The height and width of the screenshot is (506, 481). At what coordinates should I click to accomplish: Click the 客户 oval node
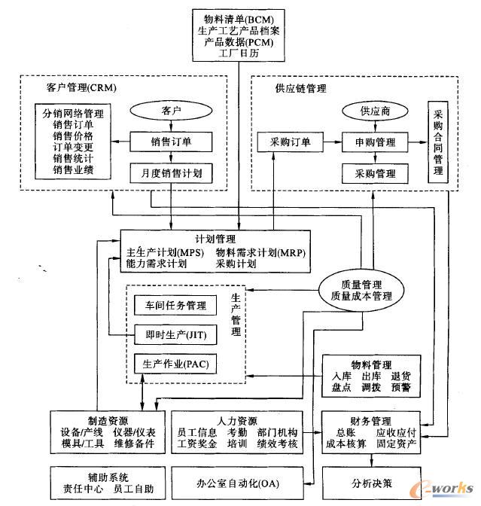click(x=172, y=111)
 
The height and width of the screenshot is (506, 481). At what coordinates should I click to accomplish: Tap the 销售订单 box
click(x=172, y=141)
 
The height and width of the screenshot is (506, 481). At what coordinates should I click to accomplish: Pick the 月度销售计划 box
click(x=172, y=174)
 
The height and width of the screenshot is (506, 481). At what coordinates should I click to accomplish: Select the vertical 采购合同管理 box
click(x=437, y=142)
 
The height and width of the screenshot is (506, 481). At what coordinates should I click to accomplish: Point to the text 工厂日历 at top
click(x=238, y=54)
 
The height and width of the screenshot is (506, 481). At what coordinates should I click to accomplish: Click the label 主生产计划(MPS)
click(x=163, y=252)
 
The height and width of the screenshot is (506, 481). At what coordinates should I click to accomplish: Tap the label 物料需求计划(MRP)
click(x=260, y=252)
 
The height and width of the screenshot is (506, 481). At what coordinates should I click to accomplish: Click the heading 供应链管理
click(x=300, y=88)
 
